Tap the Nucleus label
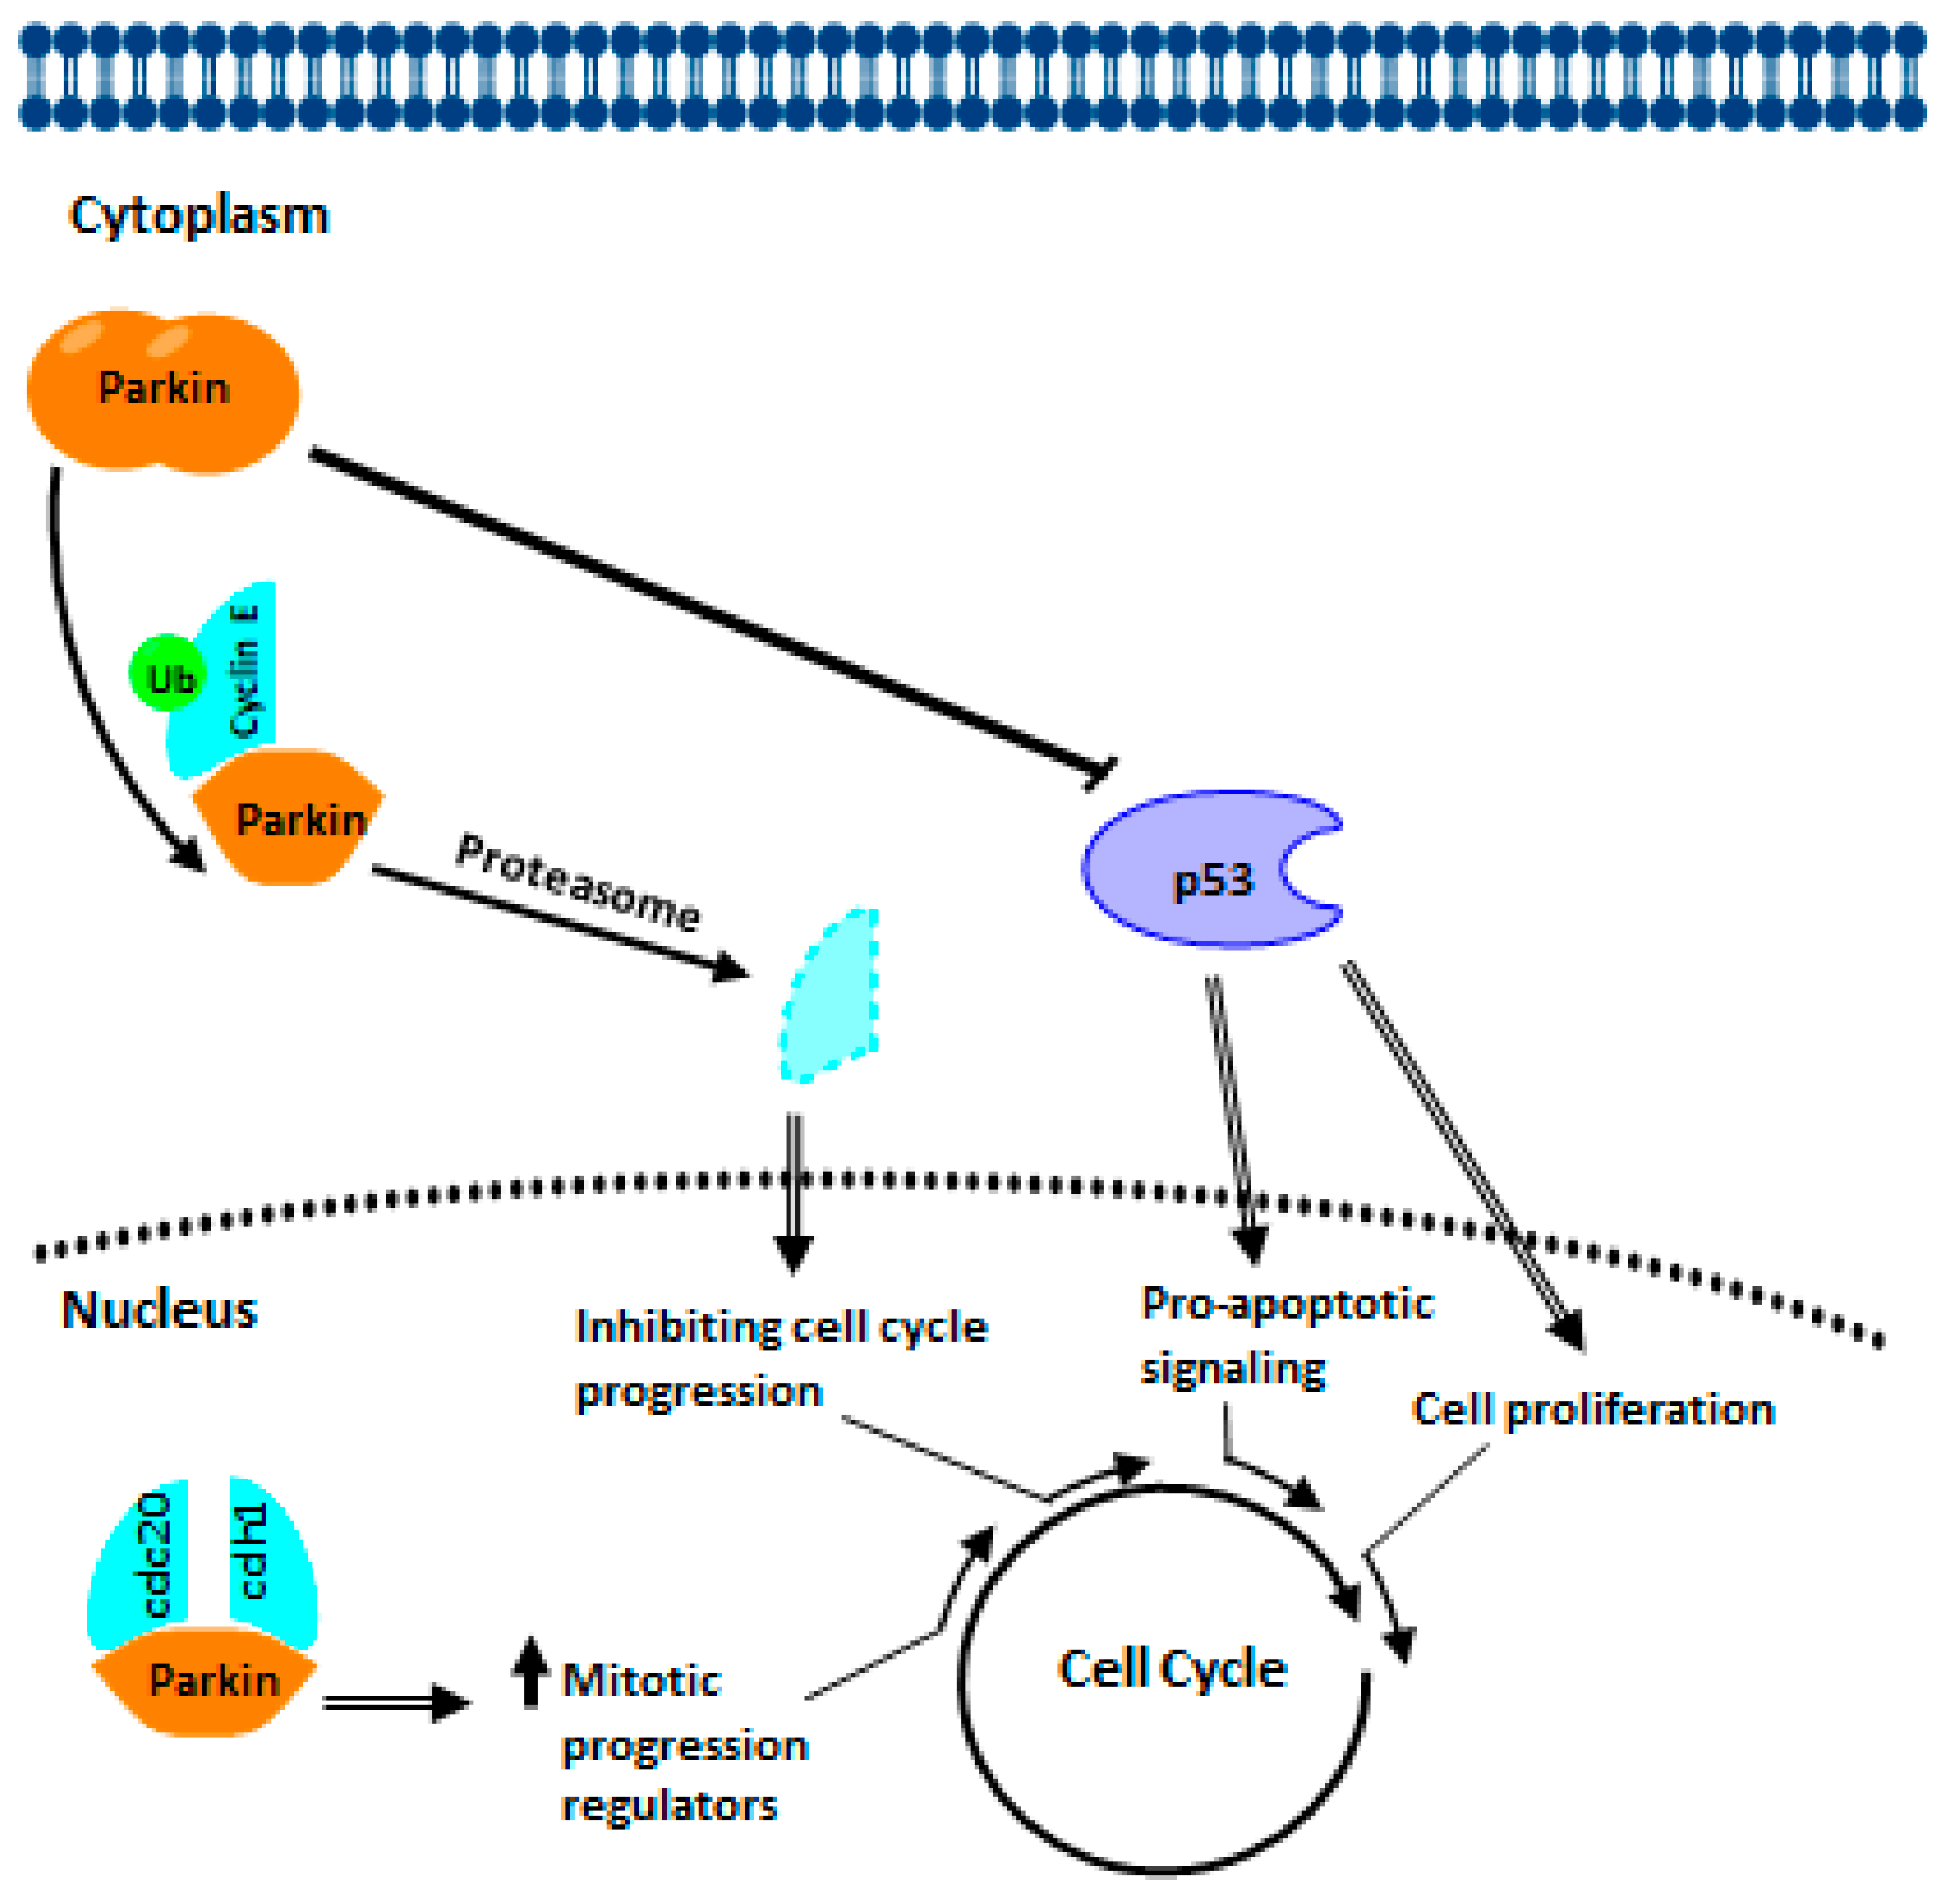(x=160, y=1309)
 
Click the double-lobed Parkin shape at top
(x=163, y=389)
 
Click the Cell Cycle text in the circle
(x=1172, y=1669)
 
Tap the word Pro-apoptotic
(x=1286, y=1304)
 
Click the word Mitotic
(x=641, y=1682)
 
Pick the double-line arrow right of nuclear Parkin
(x=394, y=1701)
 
